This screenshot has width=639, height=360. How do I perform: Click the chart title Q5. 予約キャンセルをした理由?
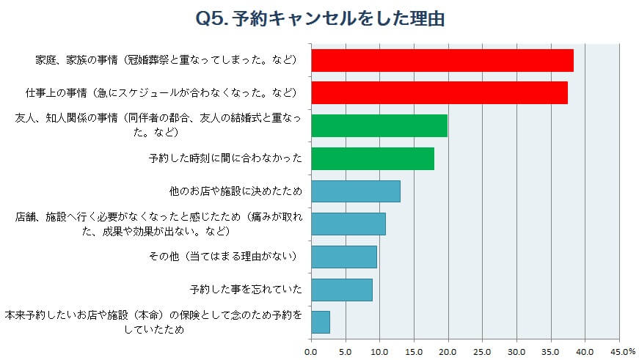[x=321, y=18]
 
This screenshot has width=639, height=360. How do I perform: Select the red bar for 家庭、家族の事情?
[x=442, y=60]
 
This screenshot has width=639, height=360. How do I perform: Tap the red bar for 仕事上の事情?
[x=439, y=92]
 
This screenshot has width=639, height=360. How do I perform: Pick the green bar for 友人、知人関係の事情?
[x=379, y=125]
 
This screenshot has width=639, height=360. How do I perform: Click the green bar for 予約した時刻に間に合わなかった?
[x=373, y=158]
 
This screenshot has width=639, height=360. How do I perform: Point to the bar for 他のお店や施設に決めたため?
[x=356, y=191]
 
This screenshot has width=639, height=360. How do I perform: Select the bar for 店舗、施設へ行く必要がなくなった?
[x=348, y=224]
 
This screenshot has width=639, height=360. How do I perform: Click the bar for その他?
[x=344, y=257]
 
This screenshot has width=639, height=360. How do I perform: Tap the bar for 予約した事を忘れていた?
[x=342, y=290]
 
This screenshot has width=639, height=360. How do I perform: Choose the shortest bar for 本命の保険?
[x=321, y=322]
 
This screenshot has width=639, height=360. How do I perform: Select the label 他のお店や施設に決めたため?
[x=235, y=191]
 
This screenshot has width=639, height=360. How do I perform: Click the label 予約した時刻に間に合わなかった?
[x=224, y=158]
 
